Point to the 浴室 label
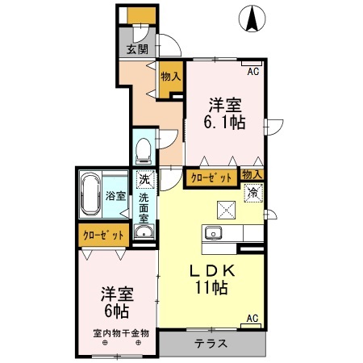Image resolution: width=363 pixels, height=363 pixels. pyautogui.click(x=115, y=195)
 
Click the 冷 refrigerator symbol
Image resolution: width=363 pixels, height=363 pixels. pyautogui.click(x=252, y=193)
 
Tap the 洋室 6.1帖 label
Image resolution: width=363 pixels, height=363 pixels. pyautogui.click(x=227, y=113)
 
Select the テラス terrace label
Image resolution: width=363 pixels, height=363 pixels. pyautogui.click(x=211, y=343)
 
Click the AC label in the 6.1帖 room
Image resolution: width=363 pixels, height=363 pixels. pyautogui.click(x=253, y=72)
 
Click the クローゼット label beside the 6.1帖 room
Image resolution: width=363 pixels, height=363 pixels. pyautogui.click(x=211, y=177)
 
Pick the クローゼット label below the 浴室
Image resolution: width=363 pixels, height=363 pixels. pyautogui.click(x=105, y=236)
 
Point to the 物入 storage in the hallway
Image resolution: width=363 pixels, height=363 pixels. pyautogui.click(x=169, y=77)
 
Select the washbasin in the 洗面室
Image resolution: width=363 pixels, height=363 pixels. pyautogui.click(x=144, y=233)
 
